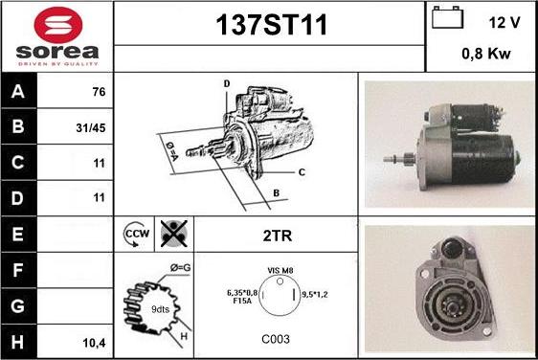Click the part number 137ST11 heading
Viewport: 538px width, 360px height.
271,25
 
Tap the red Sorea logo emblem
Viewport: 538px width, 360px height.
58,25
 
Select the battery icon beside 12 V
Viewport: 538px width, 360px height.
447,17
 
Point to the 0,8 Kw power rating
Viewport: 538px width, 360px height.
486,54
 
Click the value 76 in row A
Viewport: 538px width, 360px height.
99,92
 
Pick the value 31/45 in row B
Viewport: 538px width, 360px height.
91,128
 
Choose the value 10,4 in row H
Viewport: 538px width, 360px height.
94,343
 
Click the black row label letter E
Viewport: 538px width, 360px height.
17,234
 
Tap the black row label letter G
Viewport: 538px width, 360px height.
17,305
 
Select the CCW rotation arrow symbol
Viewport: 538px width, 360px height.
136,234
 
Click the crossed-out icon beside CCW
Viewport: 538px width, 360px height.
174,234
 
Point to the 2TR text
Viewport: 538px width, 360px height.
278,236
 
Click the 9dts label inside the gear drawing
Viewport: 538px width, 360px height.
160,309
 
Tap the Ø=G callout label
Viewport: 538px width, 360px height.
181,267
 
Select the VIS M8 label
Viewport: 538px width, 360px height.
280,270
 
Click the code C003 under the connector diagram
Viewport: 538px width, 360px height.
276,339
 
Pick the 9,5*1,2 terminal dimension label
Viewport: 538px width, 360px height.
315,295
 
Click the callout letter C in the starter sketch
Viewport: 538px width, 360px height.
302,172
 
